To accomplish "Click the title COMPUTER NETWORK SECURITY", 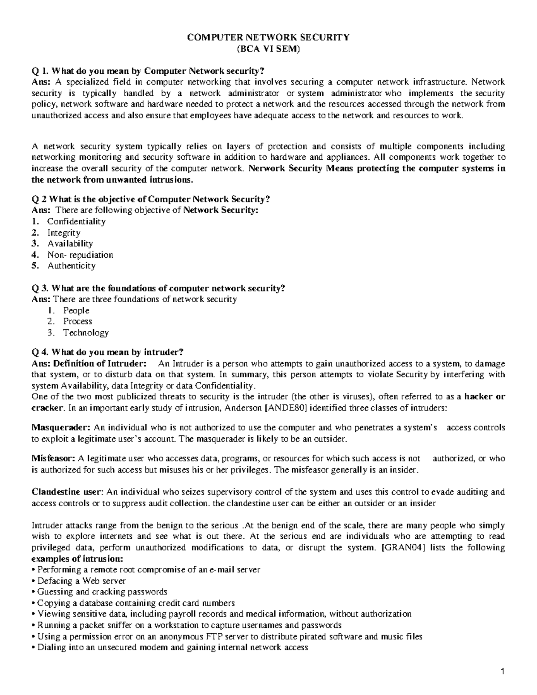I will (268, 38).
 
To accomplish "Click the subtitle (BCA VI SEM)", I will (268, 49).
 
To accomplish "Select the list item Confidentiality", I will (76, 222).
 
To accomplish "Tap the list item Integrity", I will (64, 233).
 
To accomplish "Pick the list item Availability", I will (70, 244).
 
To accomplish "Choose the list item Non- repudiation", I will (80, 255).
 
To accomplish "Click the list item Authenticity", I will (71, 266).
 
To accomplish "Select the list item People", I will (76, 311).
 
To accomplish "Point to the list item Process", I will (77, 321).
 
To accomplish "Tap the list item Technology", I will (85, 333).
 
